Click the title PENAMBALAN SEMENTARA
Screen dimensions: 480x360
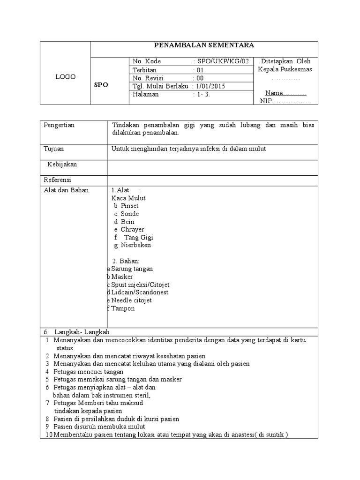tap(204, 45)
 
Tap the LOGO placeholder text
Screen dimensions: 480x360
tap(65, 77)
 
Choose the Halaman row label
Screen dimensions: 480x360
tap(146, 94)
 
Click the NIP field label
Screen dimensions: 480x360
tap(266, 101)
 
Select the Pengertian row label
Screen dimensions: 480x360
tap(59, 125)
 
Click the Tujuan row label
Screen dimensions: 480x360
tap(54, 149)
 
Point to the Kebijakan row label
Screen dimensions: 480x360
tap(62, 165)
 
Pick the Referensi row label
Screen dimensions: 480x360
tap(58, 180)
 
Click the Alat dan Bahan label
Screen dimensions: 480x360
tap(66, 190)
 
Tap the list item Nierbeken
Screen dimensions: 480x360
tap(136, 245)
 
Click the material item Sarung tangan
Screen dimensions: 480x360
tap(132, 269)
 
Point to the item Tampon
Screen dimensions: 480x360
tap(123, 308)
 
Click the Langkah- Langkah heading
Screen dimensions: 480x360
tap(82, 332)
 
